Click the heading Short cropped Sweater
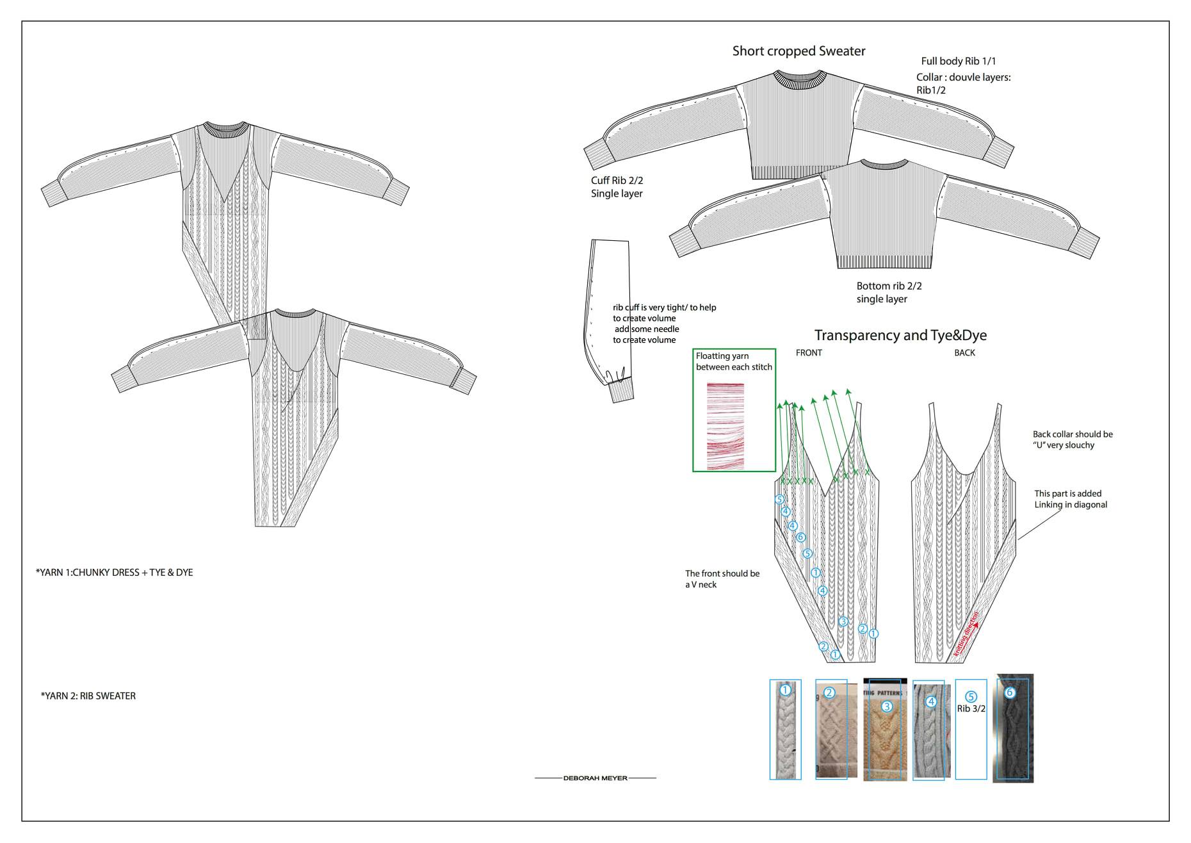[798, 51]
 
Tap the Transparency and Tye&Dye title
[900, 335]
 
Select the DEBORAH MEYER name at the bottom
[595, 778]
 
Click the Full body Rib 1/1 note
[959, 61]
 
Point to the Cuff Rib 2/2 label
[617, 181]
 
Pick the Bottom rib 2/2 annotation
[889, 286]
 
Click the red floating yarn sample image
[725, 426]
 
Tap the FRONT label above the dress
[809, 353]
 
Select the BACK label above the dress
[964, 353]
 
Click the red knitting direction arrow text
[966, 634]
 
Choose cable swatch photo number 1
[785, 730]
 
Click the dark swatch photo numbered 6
[1012, 730]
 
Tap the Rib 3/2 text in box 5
[971, 709]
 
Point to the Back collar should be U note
[1073, 439]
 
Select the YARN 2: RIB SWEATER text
[88, 696]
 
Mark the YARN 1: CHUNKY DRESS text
[115, 573]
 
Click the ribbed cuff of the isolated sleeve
[620, 390]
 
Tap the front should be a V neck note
[722, 579]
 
